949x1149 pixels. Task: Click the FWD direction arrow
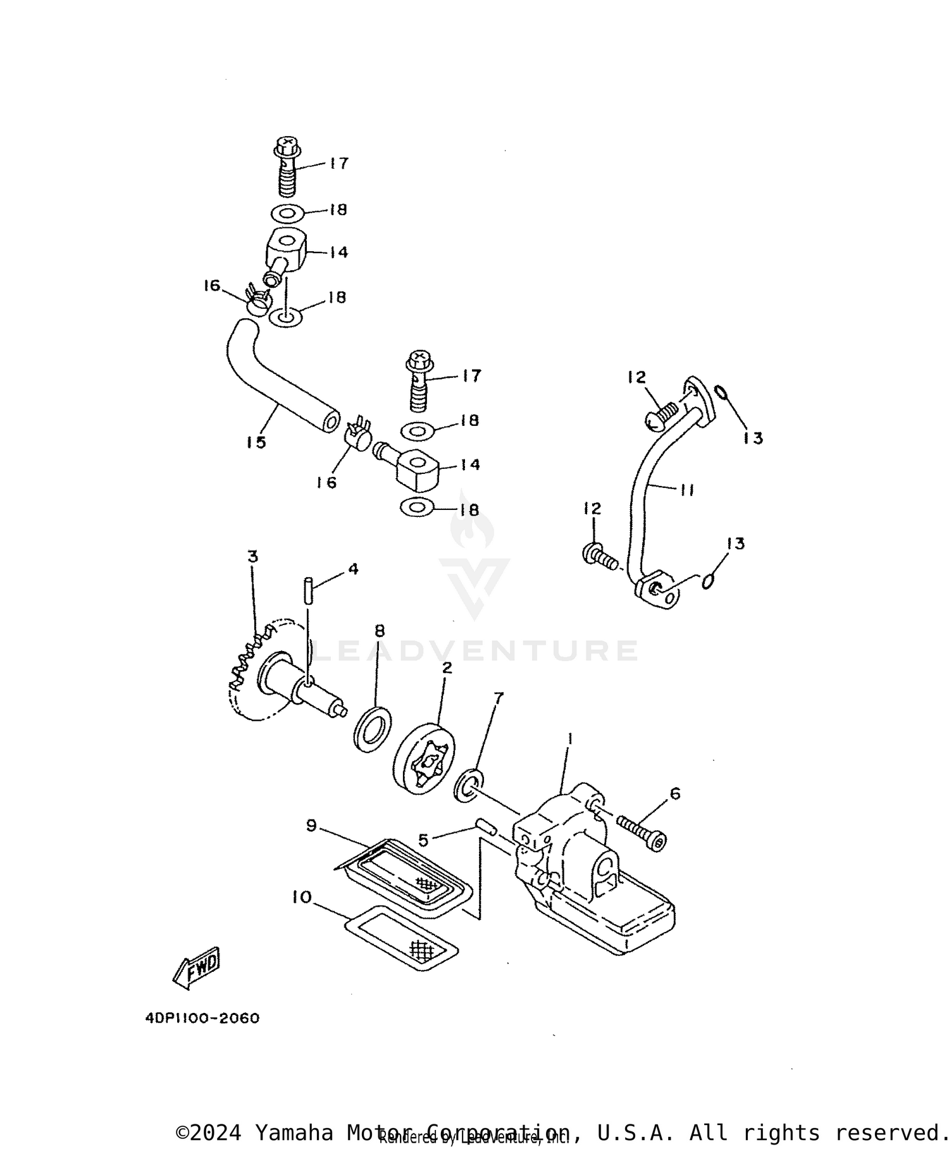click(197, 967)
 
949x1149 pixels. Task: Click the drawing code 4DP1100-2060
click(202, 1018)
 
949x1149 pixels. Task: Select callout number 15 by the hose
click(256, 442)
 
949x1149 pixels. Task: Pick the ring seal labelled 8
click(372, 730)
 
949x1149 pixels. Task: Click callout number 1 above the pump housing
click(569, 738)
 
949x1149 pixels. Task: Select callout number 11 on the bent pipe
click(687, 490)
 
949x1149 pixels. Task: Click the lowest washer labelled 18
click(417, 507)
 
